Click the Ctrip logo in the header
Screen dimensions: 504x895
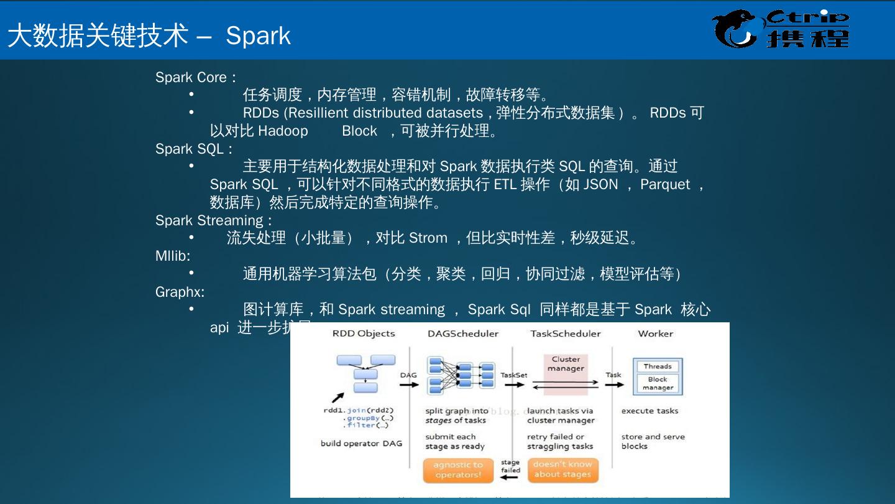coord(781,29)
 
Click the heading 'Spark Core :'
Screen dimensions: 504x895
coord(195,78)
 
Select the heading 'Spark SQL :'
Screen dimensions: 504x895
coord(194,149)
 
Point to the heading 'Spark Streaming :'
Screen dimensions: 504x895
coord(213,221)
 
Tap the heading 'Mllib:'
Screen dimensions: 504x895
coord(173,256)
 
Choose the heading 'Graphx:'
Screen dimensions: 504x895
coord(180,292)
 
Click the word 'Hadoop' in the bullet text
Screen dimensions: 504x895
coord(283,131)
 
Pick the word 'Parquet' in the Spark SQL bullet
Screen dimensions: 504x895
coord(665,185)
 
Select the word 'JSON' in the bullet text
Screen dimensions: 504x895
coord(600,185)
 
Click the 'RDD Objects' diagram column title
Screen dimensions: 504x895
coord(364,334)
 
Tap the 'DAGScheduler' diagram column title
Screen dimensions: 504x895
coord(463,334)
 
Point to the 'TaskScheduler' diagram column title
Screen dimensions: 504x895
coord(566,334)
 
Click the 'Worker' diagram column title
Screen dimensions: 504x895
coord(655,334)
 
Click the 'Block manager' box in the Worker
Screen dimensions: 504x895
coord(658,383)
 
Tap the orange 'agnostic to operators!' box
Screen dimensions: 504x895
coord(458,470)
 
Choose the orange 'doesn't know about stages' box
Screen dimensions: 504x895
coord(563,470)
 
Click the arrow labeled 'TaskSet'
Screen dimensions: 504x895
coord(515,385)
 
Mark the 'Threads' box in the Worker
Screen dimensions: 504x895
coord(658,366)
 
